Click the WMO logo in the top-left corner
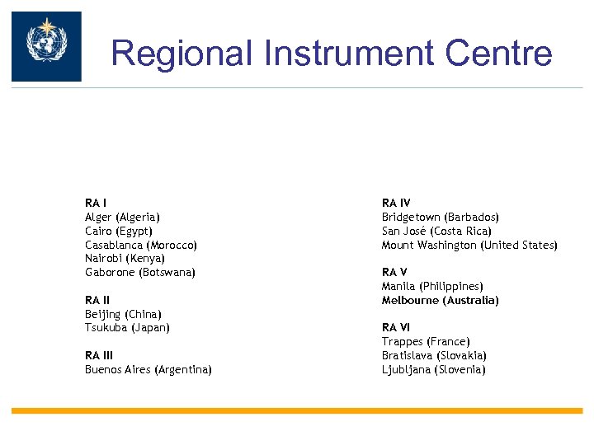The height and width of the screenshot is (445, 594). click(x=46, y=46)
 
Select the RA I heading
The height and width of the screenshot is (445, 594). click(x=97, y=203)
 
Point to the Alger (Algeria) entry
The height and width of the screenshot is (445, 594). click(x=123, y=217)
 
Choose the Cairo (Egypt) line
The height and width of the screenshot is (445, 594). click(x=119, y=231)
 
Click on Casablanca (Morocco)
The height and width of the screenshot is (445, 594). click(x=141, y=245)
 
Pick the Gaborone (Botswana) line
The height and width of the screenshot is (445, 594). click(x=140, y=273)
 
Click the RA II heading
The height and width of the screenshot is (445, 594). click(x=98, y=301)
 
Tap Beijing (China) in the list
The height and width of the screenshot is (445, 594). click(x=123, y=315)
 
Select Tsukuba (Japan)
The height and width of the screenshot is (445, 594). click(x=127, y=328)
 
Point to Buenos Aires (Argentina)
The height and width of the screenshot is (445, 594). click(x=148, y=370)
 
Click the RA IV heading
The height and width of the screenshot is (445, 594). click(x=396, y=203)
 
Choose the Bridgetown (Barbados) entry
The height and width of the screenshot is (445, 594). click(x=441, y=217)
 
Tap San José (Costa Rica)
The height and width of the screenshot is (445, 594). click(x=436, y=231)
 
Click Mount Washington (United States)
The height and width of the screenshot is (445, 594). click(x=469, y=245)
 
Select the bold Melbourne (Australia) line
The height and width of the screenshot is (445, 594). click(x=440, y=301)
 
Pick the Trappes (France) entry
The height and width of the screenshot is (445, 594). click(x=426, y=342)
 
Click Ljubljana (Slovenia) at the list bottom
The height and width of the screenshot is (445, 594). click(x=434, y=370)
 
